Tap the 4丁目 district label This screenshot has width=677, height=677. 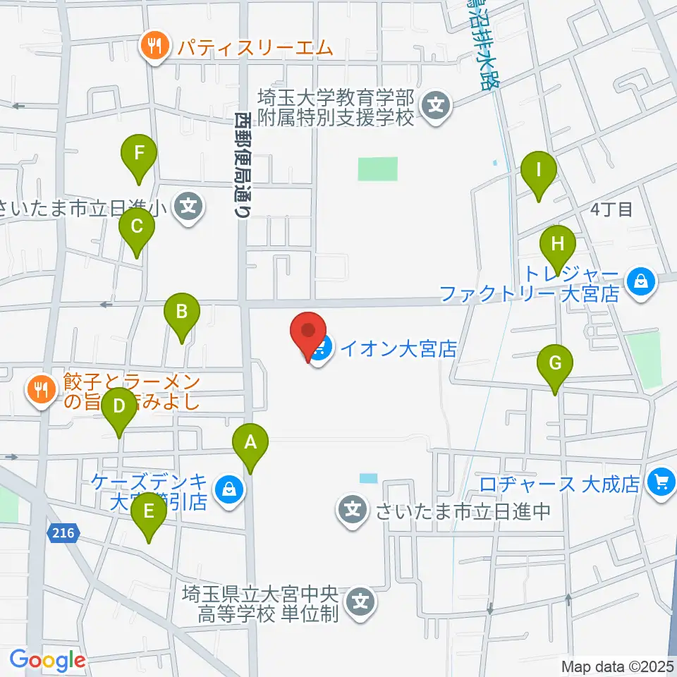pos(612,209)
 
